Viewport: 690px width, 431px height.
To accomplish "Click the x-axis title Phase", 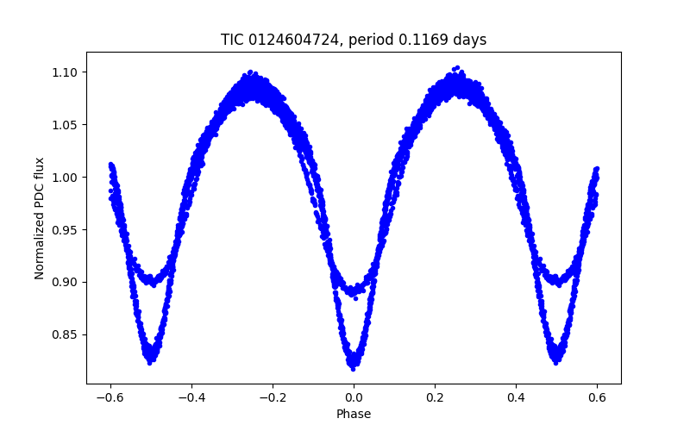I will [x=354, y=415].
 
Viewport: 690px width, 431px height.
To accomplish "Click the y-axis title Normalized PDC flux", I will [x=40, y=217].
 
